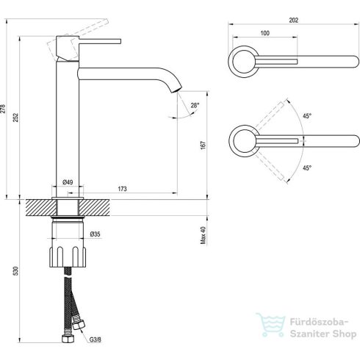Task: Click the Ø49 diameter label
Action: pos(66,181)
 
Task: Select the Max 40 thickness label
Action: pos(204,234)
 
